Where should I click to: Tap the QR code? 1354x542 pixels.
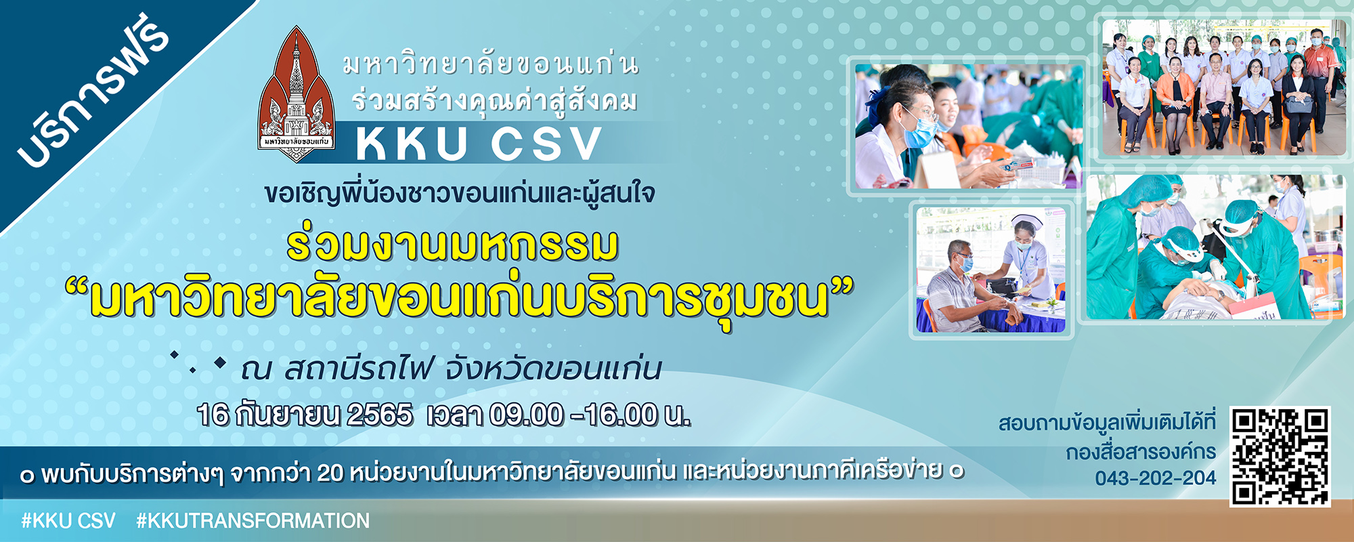(x=1280, y=456)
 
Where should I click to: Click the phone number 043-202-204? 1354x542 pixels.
(x=1155, y=478)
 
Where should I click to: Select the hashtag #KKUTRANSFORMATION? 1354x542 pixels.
(x=253, y=521)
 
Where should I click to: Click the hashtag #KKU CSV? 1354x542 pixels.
(x=68, y=521)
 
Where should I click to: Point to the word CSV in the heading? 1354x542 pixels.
(x=546, y=144)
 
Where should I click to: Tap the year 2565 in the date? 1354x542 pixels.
(x=380, y=415)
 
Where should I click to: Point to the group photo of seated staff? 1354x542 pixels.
(x=1224, y=87)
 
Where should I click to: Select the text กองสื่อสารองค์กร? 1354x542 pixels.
(x=1141, y=452)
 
